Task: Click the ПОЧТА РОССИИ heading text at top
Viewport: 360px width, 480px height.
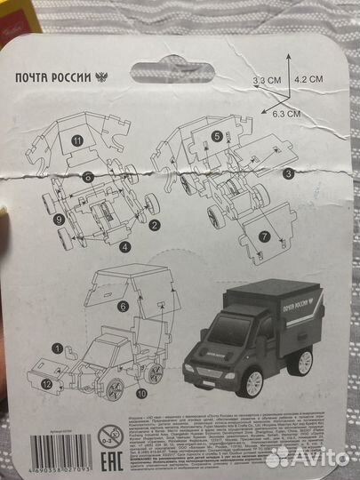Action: pos(54,76)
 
